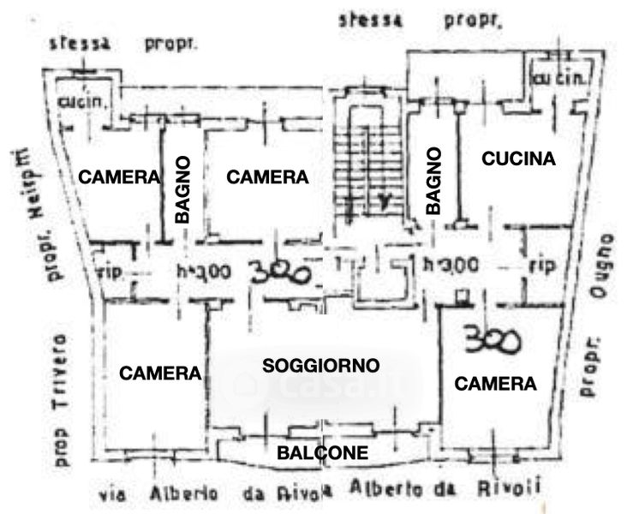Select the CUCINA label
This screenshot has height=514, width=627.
click(518, 158)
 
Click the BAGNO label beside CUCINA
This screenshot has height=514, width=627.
click(433, 181)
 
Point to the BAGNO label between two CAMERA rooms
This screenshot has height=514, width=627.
click(182, 189)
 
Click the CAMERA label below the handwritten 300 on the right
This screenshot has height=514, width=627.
click(495, 385)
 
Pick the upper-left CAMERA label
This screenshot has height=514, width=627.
click(119, 177)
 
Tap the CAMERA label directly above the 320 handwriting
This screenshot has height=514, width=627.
click(266, 177)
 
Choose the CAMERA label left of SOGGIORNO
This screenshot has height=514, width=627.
click(160, 374)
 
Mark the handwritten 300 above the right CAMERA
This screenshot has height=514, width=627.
click(493, 340)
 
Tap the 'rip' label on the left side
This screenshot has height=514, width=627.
click(109, 272)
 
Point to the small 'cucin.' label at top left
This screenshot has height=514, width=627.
click(83, 101)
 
